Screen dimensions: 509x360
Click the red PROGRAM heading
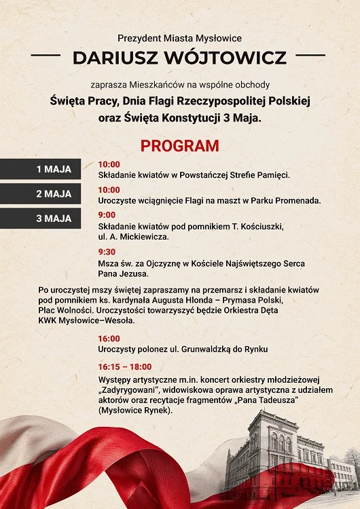coord(179,146)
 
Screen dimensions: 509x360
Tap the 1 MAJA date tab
coord(54,169)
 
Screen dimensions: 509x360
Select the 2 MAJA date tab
coord(54,193)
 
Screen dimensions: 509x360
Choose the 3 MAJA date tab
coord(54,219)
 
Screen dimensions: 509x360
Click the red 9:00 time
coord(107,214)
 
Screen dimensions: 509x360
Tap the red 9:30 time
coord(107,251)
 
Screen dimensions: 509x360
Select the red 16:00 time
coord(109,338)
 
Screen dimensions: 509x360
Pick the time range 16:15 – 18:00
coord(124,366)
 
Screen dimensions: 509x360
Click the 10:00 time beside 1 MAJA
coord(109,164)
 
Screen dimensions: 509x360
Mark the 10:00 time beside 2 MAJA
coord(109,189)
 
